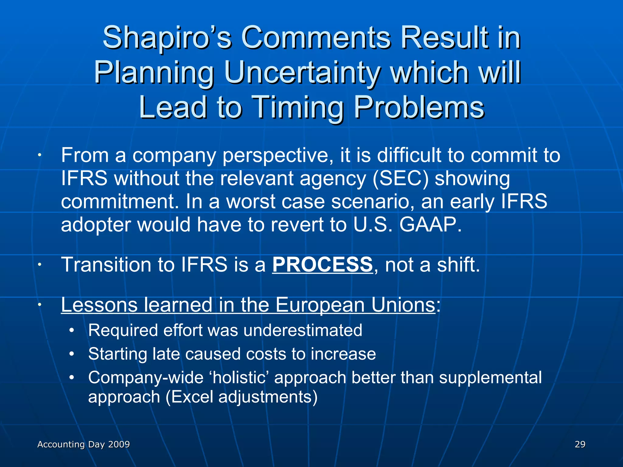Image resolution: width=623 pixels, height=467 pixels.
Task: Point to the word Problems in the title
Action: (x=419, y=107)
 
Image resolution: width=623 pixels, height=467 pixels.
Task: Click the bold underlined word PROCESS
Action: (x=322, y=264)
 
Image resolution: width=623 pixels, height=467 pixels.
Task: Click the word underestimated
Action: (x=303, y=330)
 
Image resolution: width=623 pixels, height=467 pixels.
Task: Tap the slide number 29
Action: (x=580, y=444)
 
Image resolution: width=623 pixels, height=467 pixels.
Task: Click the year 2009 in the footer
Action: (x=119, y=444)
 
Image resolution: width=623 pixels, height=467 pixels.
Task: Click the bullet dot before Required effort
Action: (x=72, y=330)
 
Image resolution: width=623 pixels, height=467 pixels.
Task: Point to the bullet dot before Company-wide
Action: (x=72, y=378)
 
